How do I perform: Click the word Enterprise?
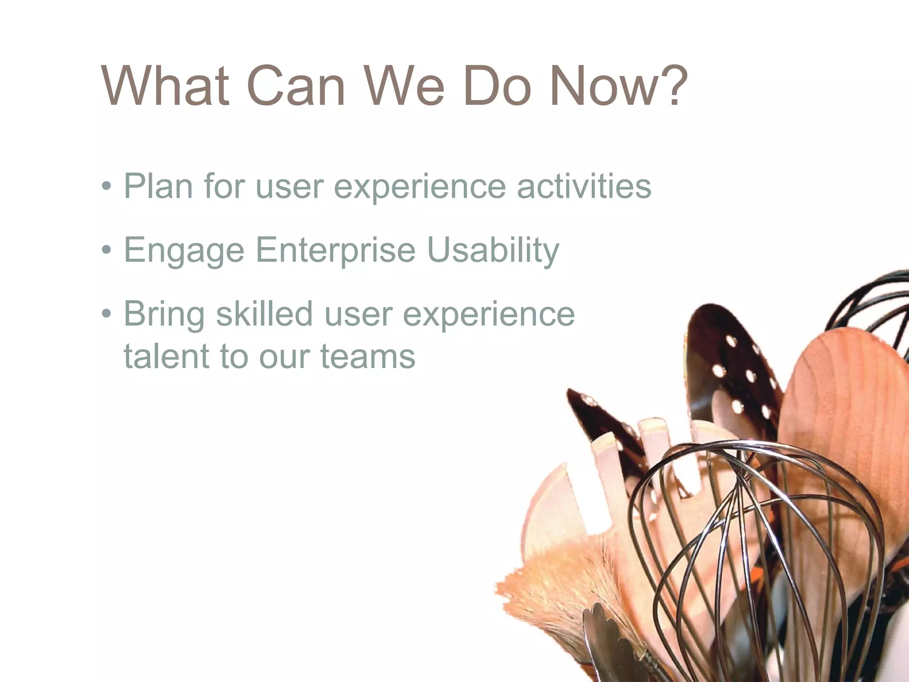click(336, 250)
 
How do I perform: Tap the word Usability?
click(493, 250)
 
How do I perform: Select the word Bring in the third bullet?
click(164, 314)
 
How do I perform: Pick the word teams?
click(368, 356)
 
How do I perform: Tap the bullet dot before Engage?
click(106, 250)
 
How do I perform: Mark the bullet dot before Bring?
click(106, 314)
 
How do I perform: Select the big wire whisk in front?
click(755, 533)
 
